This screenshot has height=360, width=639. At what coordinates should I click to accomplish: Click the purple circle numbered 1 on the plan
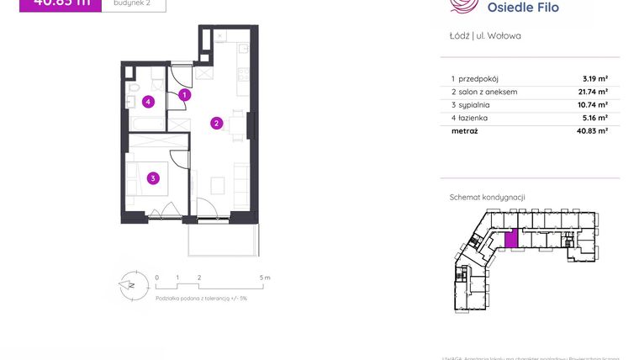click(x=185, y=96)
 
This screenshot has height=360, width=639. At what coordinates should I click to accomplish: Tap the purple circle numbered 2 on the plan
click(x=216, y=124)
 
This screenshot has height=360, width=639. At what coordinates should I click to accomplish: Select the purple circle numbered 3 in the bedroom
click(x=152, y=177)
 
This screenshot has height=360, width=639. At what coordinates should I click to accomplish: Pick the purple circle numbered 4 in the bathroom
click(x=148, y=103)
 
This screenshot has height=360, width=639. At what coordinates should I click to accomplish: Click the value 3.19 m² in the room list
click(x=595, y=78)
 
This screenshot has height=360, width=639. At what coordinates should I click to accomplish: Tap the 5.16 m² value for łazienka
click(x=595, y=119)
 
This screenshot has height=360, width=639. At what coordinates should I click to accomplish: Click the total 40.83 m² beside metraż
click(x=592, y=132)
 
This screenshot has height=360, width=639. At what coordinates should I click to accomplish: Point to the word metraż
click(x=465, y=132)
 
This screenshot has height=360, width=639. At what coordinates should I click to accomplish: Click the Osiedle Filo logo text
click(x=523, y=8)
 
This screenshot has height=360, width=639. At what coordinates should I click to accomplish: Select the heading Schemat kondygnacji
click(x=488, y=197)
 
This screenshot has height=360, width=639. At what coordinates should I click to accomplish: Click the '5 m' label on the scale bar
click(x=265, y=277)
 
